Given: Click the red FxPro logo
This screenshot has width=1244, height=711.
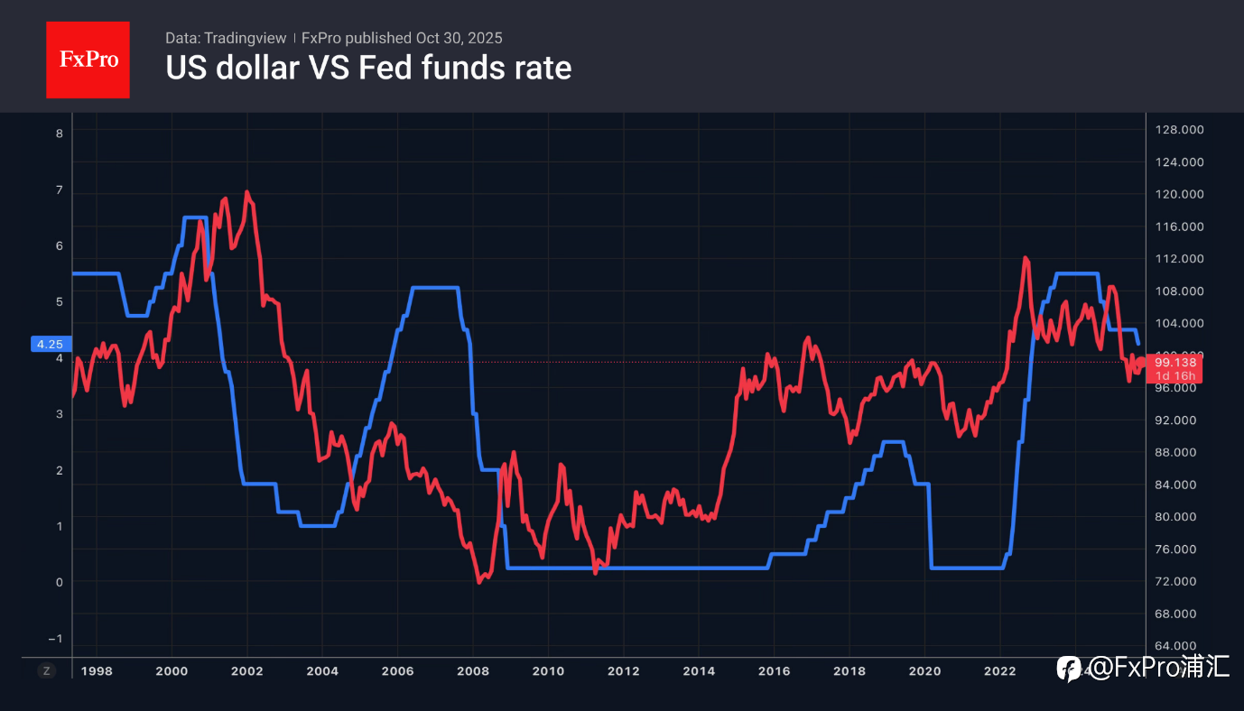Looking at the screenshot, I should tap(88, 60).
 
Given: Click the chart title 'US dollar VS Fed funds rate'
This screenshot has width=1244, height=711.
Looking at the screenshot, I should tap(368, 68).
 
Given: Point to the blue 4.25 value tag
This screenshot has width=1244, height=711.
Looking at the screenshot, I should tap(50, 344).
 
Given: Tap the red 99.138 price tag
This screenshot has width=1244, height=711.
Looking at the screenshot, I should tap(1174, 362).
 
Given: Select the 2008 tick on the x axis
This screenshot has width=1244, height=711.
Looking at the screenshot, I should tap(473, 671).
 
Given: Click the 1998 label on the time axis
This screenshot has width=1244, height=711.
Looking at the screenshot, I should tap(97, 671).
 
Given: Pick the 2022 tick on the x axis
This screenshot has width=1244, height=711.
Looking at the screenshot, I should tap(999, 671).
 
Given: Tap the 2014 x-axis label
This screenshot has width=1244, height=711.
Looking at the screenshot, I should tap(699, 671).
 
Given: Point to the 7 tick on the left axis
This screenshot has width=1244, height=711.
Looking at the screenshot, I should tap(60, 190).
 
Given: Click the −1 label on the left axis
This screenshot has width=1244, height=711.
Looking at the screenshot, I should tap(57, 639).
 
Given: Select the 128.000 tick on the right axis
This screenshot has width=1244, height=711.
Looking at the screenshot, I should tap(1180, 130).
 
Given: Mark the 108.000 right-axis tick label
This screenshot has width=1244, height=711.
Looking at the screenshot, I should tap(1180, 291).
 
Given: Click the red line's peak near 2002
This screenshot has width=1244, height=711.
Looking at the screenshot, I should tap(246, 192).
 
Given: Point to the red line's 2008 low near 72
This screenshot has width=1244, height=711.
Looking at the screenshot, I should tap(479, 582).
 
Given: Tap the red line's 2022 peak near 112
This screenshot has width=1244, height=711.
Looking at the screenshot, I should tap(1026, 258).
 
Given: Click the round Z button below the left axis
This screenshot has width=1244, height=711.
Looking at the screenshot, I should tap(47, 671).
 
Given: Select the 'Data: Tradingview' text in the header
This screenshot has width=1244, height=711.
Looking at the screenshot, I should tap(226, 38).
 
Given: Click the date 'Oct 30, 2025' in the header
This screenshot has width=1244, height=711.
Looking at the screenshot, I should tap(459, 38).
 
